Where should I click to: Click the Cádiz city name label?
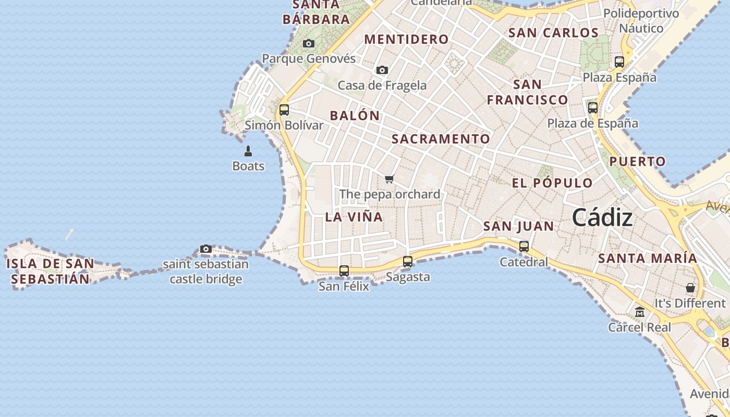pyautogui.click(x=602, y=217)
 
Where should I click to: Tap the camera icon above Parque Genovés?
pyautogui.click(x=309, y=43)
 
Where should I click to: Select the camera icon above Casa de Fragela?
pyautogui.click(x=382, y=70)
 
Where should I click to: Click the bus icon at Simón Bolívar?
pyautogui.click(x=284, y=110)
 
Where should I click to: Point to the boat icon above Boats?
pyautogui.click(x=248, y=151)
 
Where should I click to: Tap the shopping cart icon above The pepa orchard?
pyautogui.click(x=389, y=179)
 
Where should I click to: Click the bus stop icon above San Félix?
pyautogui.click(x=344, y=271)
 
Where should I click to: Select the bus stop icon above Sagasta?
pyautogui.click(x=408, y=262)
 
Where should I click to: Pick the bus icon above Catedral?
pyautogui.click(x=524, y=247)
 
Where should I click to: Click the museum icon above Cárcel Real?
pyautogui.click(x=640, y=312)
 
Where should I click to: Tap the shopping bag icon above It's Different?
pyautogui.click(x=690, y=288)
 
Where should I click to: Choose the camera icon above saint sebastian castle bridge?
pyautogui.click(x=206, y=249)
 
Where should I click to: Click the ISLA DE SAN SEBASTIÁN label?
pyautogui.click(x=50, y=271)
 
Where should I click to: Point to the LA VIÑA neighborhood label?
pyautogui.click(x=354, y=217)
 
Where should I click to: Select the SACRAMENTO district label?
pyautogui.click(x=441, y=139)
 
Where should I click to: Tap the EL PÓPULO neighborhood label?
pyautogui.click(x=552, y=183)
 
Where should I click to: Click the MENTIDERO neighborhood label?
pyautogui.click(x=406, y=39)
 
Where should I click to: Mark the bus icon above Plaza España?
pyautogui.click(x=619, y=62)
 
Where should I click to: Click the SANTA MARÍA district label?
pyautogui.click(x=647, y=258)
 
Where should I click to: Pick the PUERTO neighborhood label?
pyautogui.click(x=638, y=162)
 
